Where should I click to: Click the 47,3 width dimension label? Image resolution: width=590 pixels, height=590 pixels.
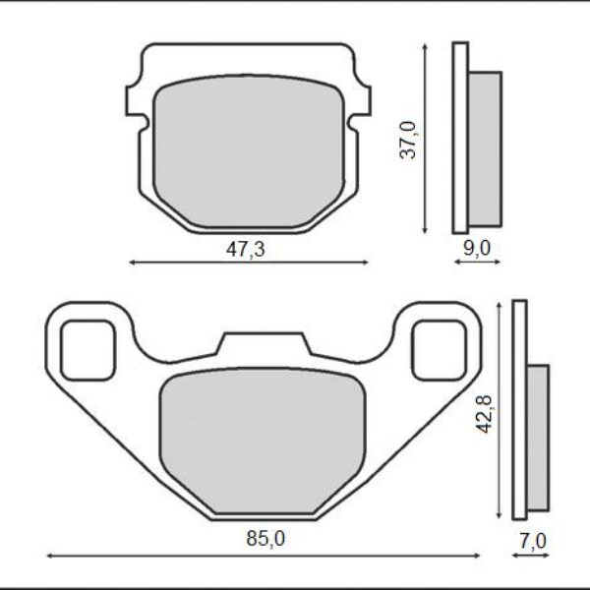coord(246,249)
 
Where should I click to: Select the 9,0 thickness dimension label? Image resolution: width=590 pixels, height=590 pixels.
coord(476,249)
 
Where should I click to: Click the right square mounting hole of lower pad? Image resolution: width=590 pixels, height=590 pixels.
coord(441,349)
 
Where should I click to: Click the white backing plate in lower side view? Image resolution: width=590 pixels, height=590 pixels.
coord(520,413)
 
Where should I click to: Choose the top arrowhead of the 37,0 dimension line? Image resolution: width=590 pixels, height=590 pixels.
coord(425,47)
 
